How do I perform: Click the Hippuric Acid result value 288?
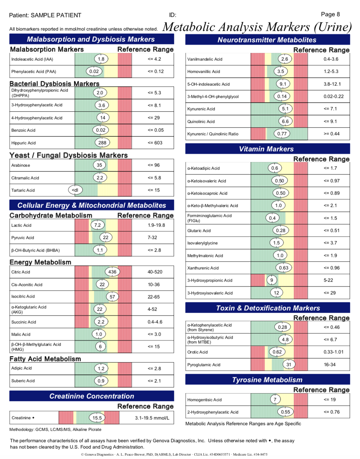[x=102, y=143]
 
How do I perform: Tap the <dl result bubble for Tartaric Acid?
[x=75, y=190]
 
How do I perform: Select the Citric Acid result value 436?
[x=112, y=272]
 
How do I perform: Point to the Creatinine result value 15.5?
[x=97, y=418]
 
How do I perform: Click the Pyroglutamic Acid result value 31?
[x=289, y=365]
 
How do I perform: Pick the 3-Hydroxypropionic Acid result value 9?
[x=272, y=280]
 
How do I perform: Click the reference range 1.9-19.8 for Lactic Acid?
[x=156, y=225]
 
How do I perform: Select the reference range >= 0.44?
[x=331, y=134]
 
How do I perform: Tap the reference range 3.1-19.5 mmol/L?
[x=152, y=418]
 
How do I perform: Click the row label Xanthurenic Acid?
[x=203, y=268]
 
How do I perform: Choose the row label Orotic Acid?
[x=197, y=352]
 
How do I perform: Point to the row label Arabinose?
[x=21, y=165]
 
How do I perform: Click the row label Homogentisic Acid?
[x=204, y=400]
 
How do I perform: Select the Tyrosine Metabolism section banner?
[x=267, y=380]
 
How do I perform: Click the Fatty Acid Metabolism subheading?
[x=45, y=359]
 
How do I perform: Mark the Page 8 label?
[x=330, y=14]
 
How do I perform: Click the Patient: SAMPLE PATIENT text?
[x=45, y=15]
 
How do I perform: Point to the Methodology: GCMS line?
[x=55, y=429]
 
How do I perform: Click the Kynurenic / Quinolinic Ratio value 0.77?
[x=282, y=134]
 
